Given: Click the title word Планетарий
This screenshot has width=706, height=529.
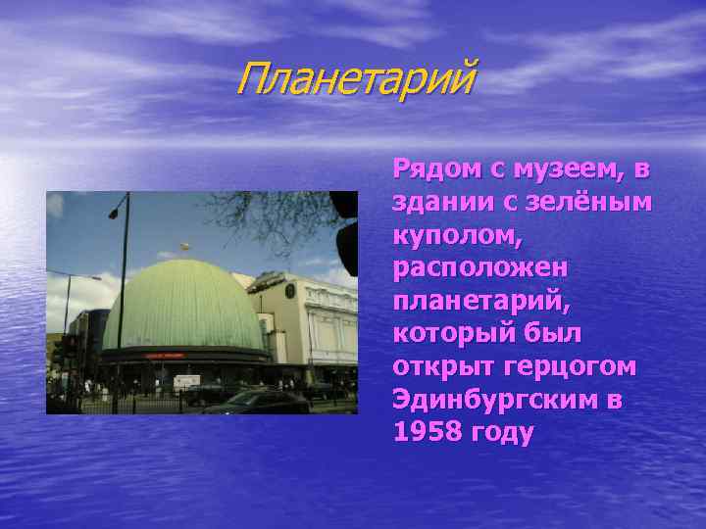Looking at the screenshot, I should (354, 78).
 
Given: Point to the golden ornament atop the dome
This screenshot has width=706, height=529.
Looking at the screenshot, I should (182, 245).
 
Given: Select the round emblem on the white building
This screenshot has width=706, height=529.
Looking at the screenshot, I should (290, 289).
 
